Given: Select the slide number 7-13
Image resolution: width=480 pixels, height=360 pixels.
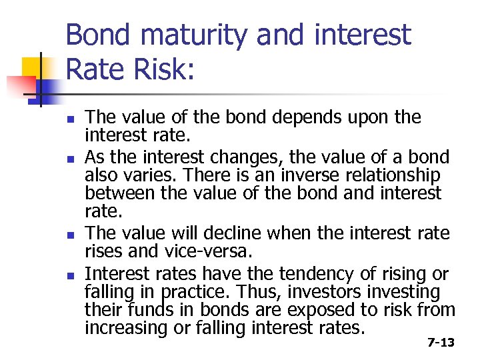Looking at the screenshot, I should click(x=440, y=343).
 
